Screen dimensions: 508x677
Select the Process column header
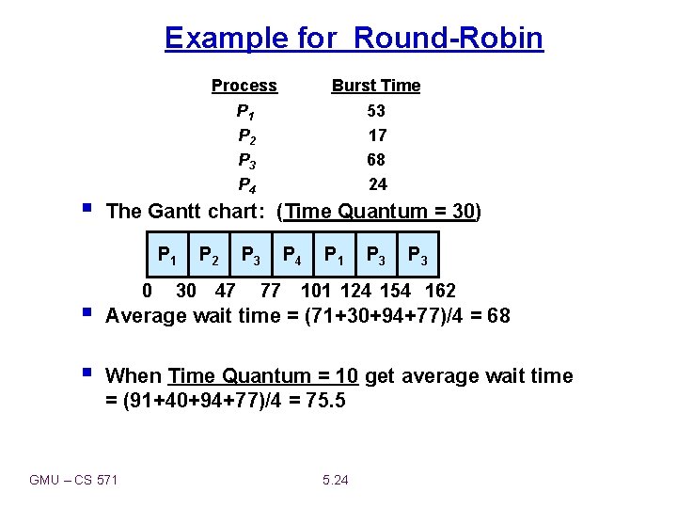244,86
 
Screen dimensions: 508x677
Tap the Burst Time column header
375,86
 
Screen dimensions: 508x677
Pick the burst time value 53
376,111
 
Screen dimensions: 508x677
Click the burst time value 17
376,135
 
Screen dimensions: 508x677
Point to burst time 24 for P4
377,184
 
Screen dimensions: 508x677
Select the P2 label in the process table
246,135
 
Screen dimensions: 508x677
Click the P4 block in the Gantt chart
292,254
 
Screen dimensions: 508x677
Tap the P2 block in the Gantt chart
209,254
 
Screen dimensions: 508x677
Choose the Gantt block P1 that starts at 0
168,254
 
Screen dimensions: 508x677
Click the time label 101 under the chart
316,291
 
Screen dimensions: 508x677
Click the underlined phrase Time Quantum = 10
263,376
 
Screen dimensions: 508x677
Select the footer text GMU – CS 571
73,481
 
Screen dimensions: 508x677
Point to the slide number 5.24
335,481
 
